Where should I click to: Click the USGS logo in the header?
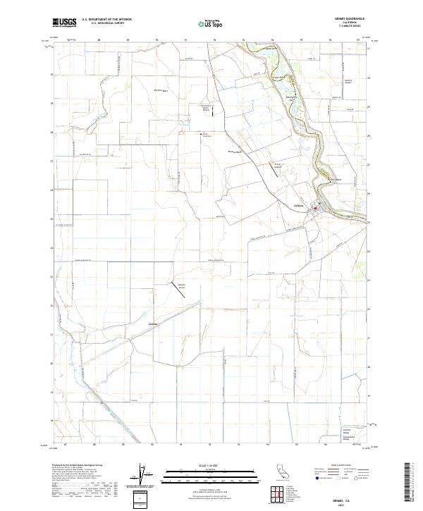tap(64, 22)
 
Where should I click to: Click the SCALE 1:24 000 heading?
tap(211, 467)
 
